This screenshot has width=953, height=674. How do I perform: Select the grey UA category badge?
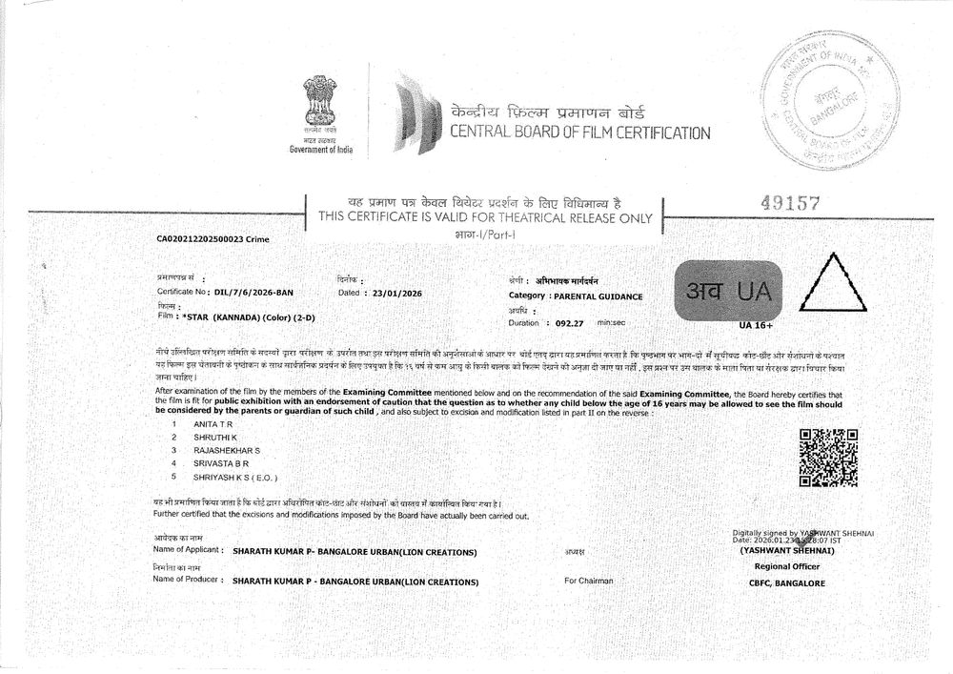tap(727, 289)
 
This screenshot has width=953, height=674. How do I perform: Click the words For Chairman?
tap(589, 581)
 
